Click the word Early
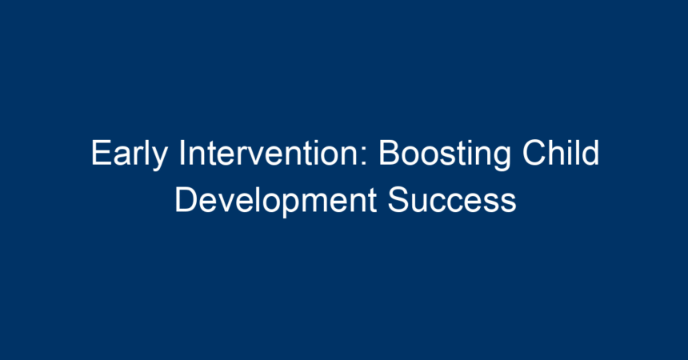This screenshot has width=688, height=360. click(x=130, y=154)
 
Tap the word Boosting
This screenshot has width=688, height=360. click(x=445, y=154)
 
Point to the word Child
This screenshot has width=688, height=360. click(x=560, y=153)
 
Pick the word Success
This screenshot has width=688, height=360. click(x=451, y=200)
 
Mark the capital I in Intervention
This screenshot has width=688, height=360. click(x=182, y=153)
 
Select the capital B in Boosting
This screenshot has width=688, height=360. click(x=389, y=153)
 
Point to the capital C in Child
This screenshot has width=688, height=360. click(x=534, y=153)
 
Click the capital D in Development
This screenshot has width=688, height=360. click(x=186, y=200)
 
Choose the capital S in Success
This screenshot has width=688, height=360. click(x=398, y=200)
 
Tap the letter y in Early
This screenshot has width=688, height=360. click(x=160, y=159)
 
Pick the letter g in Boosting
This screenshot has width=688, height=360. click(x=502, y=159)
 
